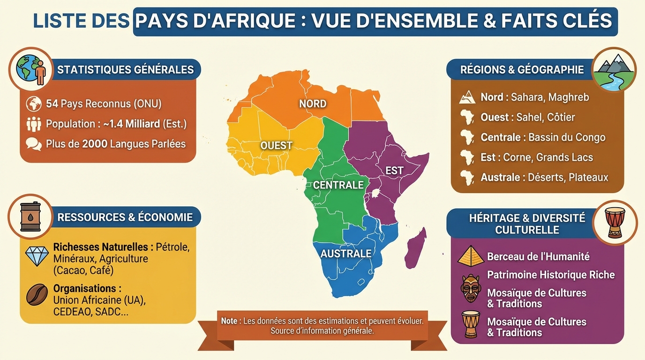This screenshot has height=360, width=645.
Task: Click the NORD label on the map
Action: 313,104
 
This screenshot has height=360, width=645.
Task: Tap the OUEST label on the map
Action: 276,145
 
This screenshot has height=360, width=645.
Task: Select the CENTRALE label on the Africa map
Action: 338,185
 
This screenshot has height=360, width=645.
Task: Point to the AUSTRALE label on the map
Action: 345,254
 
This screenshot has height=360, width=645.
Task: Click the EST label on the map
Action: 394,171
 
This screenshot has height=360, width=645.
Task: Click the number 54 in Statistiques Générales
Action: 52,104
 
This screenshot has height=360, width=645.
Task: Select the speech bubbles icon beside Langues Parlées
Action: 34,144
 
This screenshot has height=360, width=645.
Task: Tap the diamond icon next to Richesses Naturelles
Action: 37,256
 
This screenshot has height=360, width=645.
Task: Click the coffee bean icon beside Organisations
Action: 37,294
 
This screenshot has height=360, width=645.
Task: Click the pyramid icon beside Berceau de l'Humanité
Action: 470,256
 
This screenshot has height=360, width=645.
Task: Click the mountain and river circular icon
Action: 614,69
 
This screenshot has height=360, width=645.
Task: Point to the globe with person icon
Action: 30,69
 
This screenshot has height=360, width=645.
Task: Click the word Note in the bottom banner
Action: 229,322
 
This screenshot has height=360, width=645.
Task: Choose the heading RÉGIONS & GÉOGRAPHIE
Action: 522,70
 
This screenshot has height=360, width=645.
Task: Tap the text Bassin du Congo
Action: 567,137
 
